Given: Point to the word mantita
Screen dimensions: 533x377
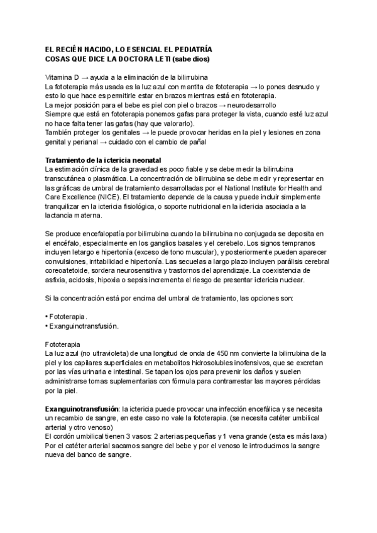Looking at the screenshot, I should click(x=185, y=87).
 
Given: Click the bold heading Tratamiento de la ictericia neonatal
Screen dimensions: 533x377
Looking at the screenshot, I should click(x=104, y=160).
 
